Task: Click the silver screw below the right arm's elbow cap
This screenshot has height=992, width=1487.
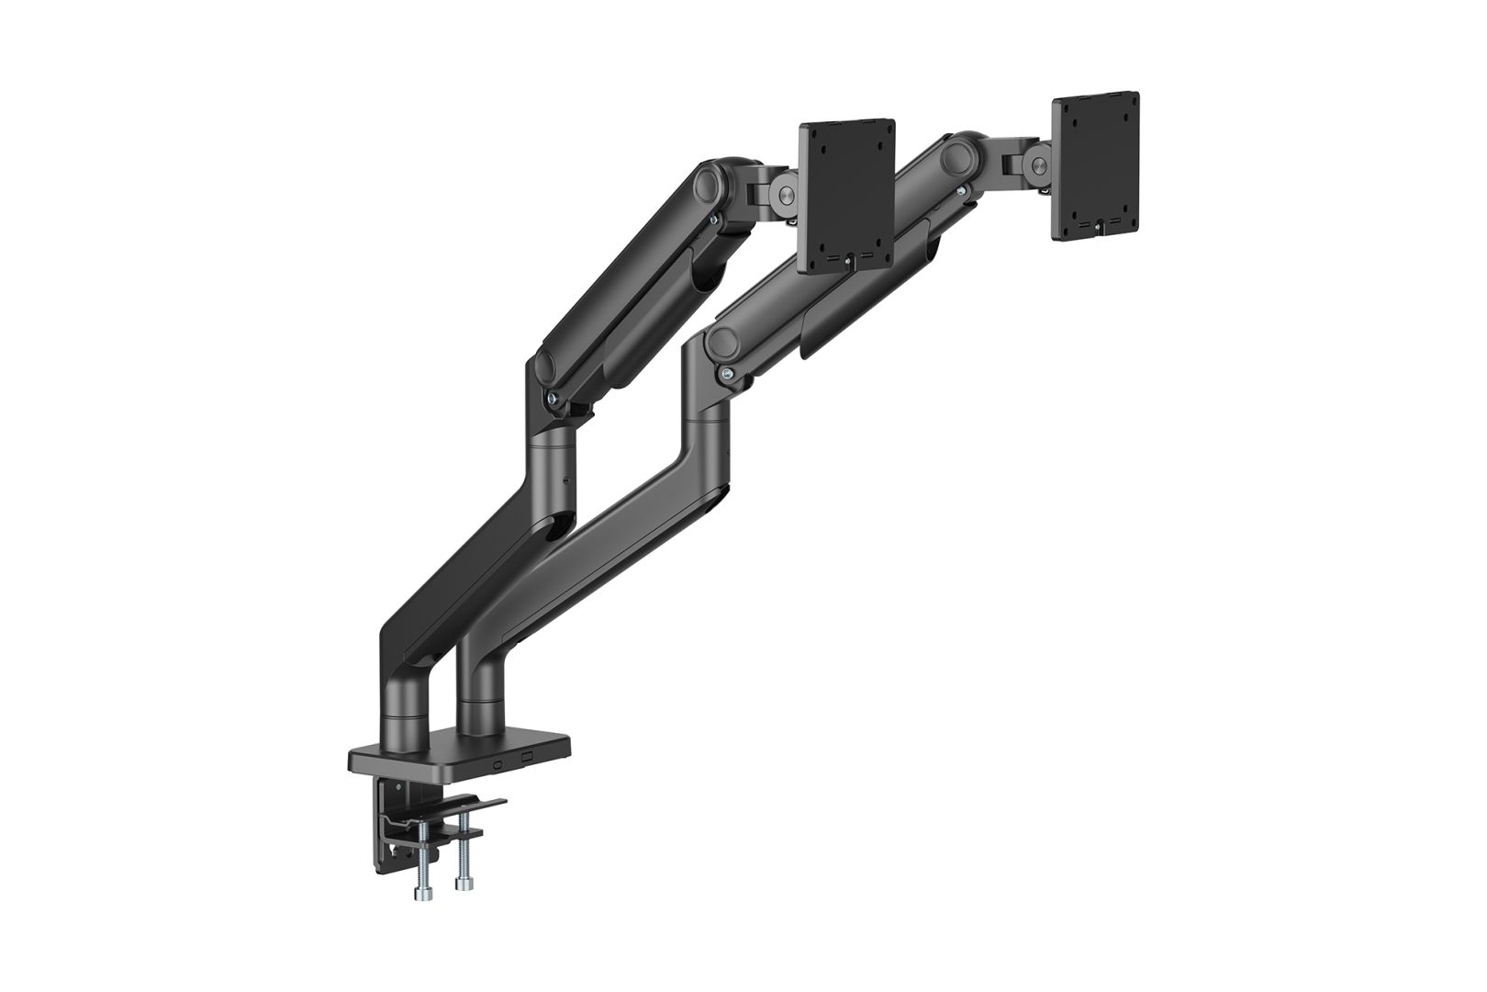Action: click(728, 373)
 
